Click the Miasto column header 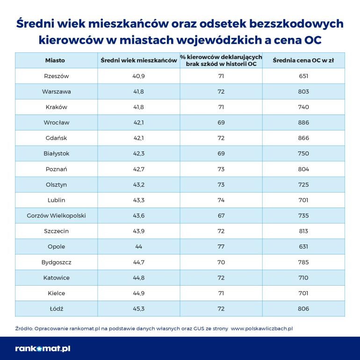[x=55, y=60]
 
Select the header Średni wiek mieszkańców [x=138, y=60]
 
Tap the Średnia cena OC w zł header [x=302, y=60]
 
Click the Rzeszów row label [x=56, y=76]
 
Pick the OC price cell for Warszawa [x=303, y=92]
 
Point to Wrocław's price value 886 [x=303, y=122]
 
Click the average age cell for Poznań [x=138, y=169]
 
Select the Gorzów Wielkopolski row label [x=56, y=216]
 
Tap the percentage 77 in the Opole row [x=221, y=246]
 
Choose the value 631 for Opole [x=303, y=246]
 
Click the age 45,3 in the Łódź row [x=138, y=309]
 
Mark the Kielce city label [x=56, y=293]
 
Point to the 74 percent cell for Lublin [x=221, y=200]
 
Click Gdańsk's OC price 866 [x=303, y=138]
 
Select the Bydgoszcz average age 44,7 [x=138, y=262]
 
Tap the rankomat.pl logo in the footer [x=43, y=348]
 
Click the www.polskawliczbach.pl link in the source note [x=262, y=329]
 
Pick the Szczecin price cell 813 [x=303, y=231]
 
